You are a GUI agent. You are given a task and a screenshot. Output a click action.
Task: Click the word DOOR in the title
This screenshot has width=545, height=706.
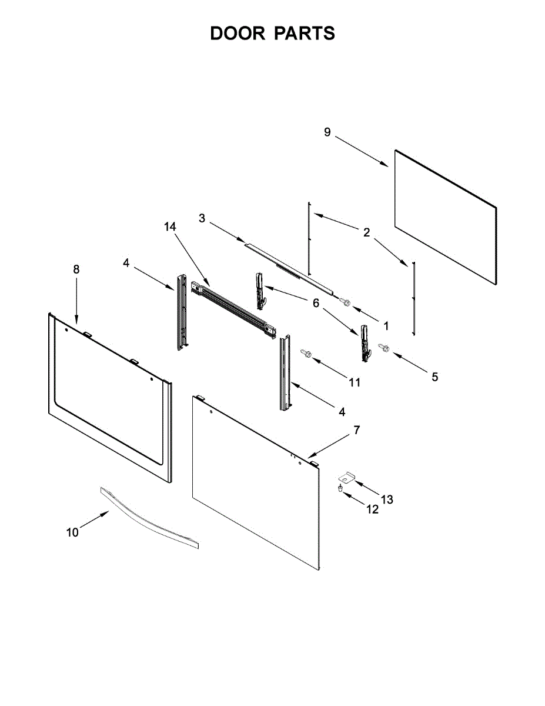click(x=238, y=34)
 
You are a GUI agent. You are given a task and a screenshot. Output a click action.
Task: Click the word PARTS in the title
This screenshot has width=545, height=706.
click(x=304, y=34)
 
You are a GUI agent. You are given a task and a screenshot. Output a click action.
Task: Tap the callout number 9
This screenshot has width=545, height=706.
click(x=328, y=132)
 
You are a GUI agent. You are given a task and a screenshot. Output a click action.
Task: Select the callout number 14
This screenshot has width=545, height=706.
click(x=170, y=227)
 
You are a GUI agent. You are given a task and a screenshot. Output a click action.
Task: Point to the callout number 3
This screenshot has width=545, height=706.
click(x=202, y=218)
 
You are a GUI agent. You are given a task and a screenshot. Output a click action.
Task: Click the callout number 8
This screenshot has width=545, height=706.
click(x=76, y=269)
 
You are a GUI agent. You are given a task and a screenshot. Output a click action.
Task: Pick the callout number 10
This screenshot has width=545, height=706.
click(x=72, y=532)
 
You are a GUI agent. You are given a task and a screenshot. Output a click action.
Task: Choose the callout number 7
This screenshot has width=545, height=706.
click(x=356, y=431)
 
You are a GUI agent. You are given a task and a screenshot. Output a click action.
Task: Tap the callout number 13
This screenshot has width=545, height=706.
click(x=386, y=499)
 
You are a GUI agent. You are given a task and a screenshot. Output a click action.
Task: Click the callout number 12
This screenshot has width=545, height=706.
click(x=373, y=509)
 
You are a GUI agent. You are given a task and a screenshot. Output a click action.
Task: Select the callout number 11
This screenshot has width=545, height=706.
click(x=355, y=382)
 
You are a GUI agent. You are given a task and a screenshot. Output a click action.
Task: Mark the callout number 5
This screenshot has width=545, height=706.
click(x=434, y=377)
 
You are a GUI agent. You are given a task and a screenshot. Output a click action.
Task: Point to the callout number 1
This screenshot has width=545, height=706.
click(x=386, y=325)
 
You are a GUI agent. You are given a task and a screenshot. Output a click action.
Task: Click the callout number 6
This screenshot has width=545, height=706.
click(x=316, y=303)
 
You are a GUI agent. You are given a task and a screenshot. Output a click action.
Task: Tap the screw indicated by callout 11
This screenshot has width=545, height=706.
click(x=306, y=353)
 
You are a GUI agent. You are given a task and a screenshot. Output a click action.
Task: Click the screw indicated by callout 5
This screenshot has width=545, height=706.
click(x=383, y=348)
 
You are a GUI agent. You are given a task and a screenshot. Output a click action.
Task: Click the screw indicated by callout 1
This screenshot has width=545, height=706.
click(x=345, y=302)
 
